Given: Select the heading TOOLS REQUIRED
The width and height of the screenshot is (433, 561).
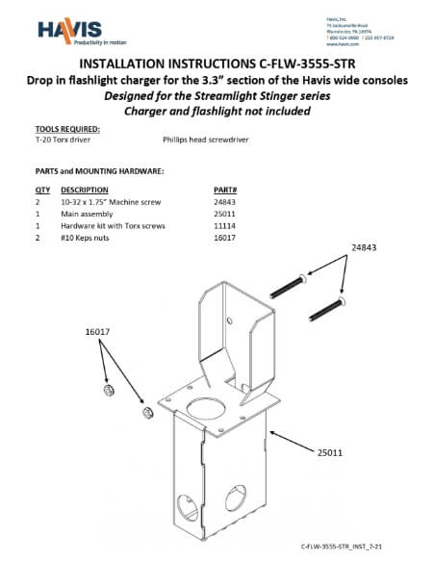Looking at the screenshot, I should [x=67, y=128].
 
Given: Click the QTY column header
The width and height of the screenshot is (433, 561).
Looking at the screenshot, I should [x=42, y=191].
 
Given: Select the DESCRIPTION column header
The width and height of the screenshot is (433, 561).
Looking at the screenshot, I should [x=86, y=191].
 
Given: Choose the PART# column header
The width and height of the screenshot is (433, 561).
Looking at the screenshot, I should [x=224, y=191].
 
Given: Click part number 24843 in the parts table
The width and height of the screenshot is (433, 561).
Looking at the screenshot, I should [x=223, y=202].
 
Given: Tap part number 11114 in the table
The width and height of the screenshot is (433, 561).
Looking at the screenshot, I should [x=223, y=225].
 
